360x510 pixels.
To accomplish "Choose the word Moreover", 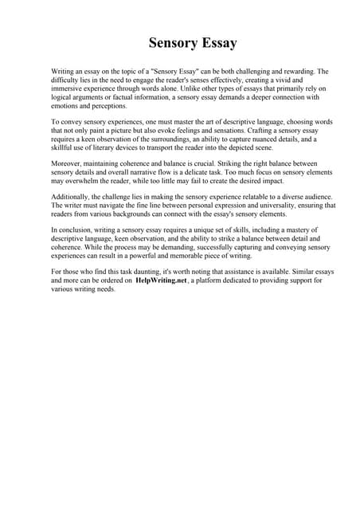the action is click(68, 164).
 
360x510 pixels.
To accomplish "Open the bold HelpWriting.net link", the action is click(164, 281).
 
